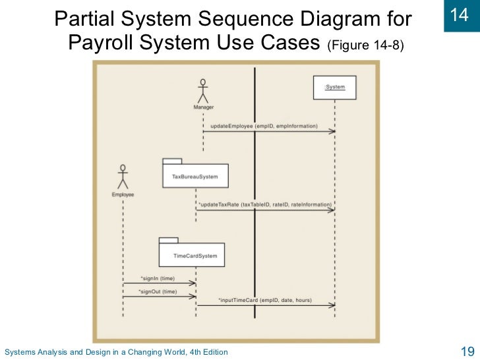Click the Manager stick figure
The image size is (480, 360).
203,90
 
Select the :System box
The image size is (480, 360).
334,88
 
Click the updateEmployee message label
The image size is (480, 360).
264,125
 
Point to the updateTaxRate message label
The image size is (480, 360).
265,204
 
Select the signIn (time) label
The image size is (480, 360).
158,278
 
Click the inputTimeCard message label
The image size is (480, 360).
264,300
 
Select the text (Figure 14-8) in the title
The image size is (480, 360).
365,45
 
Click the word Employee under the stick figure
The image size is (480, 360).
123,195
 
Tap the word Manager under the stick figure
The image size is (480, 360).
203,107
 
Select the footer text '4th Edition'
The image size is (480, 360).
206,352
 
